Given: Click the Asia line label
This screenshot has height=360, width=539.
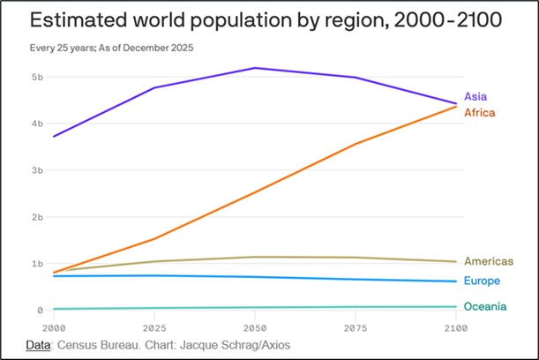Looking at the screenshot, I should tap(475, 96).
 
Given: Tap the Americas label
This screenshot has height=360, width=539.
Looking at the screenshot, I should tap(490, 261).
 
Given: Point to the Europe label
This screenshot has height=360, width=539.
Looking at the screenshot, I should tap(483, 281).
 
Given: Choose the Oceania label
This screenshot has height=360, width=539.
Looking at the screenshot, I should tap(486, 306).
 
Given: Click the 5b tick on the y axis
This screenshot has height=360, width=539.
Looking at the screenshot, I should tap(38, 77).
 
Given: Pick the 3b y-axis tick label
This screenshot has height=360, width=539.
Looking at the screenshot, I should tap(38, 170).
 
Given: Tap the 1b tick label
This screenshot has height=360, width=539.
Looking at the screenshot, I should tap(38, 264).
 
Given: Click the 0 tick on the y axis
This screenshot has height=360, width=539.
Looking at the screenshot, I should tap(41, 311).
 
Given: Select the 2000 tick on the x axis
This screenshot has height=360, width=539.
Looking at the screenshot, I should tap(54, 326).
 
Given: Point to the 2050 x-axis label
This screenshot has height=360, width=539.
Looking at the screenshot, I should tap(255, 326).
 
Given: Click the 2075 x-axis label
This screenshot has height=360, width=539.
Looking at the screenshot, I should tap(356, 326).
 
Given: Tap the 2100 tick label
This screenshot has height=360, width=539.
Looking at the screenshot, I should tap(455, 326).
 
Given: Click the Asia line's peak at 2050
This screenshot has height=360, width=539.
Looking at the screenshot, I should tap(256, 68).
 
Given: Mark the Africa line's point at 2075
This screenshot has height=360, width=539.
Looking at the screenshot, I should tap(356, 144).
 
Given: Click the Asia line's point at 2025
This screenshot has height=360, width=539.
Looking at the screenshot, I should tap(154, 87).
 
